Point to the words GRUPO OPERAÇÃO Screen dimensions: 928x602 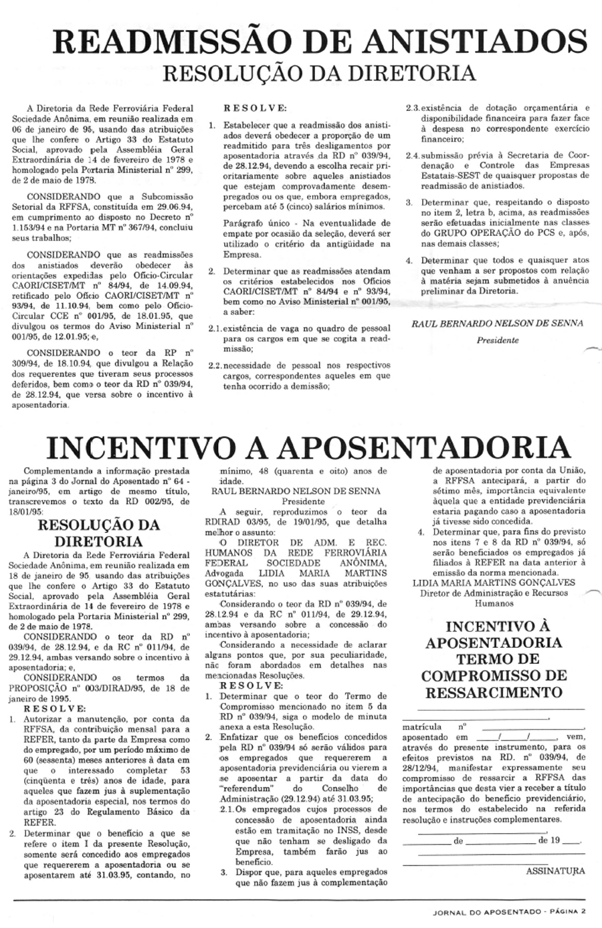[468, 233]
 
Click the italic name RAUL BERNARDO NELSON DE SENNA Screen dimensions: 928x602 [497, 323]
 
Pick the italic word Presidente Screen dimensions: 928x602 [497, 340]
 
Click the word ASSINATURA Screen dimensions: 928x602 [555, 871]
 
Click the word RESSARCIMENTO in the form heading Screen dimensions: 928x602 [492, 691]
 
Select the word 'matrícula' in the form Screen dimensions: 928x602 [421, 725]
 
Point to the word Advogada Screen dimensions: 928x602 [224, 572]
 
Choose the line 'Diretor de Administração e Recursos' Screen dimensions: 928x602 [494, 592]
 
